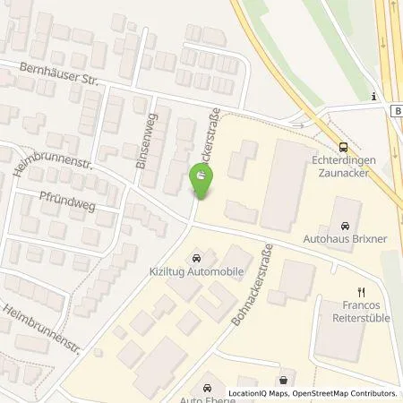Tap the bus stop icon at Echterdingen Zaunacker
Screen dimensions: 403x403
(343, 150)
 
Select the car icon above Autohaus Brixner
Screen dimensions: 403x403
(346, 229)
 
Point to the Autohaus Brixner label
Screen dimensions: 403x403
(346, 242)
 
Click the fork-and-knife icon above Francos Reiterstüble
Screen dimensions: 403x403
(362, 291)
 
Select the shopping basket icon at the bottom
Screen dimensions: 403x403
(284, 379)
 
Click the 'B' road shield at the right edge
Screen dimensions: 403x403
(396, 110)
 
